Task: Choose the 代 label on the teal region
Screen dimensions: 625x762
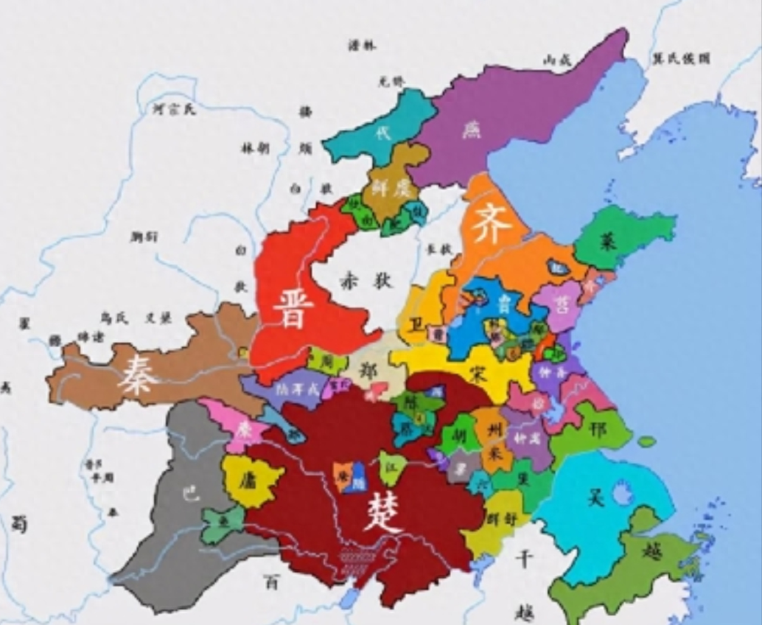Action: click(x=381, y=134)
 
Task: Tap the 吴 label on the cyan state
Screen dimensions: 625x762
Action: click(x=596, y=497)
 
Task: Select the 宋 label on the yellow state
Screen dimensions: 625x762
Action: click(x=479, y=375)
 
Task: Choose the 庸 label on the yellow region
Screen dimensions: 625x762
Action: click(x=246, y=480)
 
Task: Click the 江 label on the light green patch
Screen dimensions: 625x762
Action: click(x=393, y=467)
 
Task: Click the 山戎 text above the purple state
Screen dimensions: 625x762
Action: click(x=557, y=61)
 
